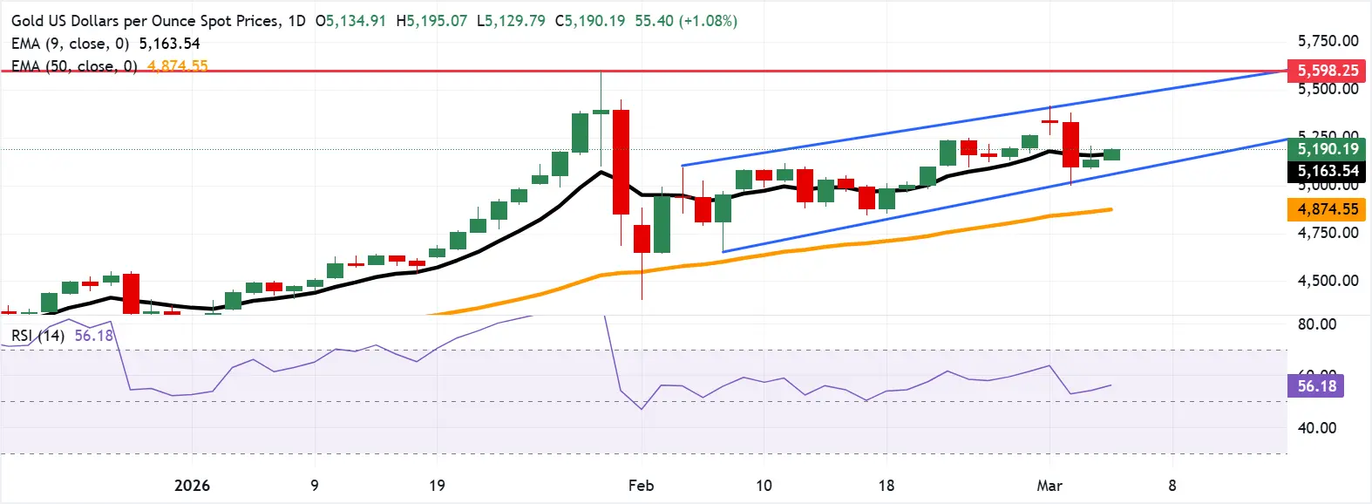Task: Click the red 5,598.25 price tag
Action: pos(1328,71)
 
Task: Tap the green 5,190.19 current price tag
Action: pos(1328,149)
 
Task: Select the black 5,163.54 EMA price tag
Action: pos(1328,171)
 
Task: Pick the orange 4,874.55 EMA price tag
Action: pos(1328,209)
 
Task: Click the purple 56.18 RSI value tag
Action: pos(1316,385)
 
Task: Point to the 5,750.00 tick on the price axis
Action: pos(1328,41)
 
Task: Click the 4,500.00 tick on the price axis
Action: pos(1328,281)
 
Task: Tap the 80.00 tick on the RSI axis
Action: pos(1316,324)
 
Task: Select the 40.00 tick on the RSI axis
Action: pos(1316,428)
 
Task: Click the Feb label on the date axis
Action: pos(641,486)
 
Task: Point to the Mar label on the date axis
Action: pos(1049,486)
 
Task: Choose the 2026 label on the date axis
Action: pos(192,486)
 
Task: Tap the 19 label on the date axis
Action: pos(437,486)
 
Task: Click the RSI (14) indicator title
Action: pos(37,336)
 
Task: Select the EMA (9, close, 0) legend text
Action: pos(70,44)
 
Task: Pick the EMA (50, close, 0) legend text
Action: pos(74,66)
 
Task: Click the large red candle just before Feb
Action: pos(621,162)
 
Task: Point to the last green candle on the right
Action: pos(1111,154)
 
